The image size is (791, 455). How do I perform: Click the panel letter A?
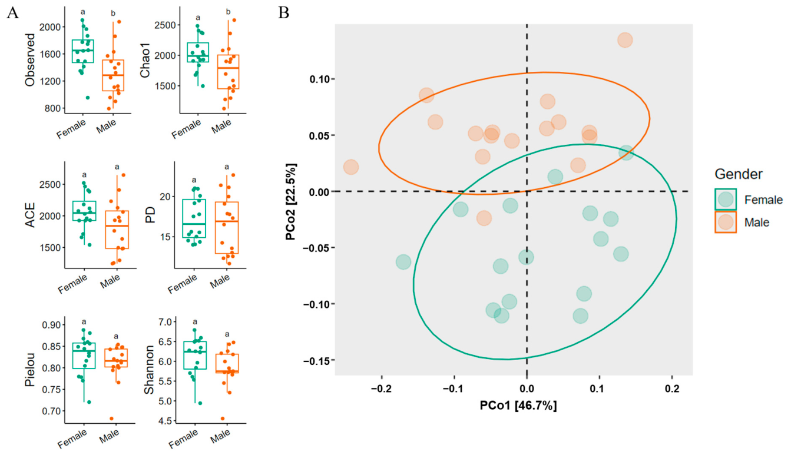(x=12, y=13)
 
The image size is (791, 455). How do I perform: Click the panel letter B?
(x=283, y=13)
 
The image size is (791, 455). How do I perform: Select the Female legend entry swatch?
(x=726, y=200)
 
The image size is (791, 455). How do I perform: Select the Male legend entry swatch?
(x=726, y=222)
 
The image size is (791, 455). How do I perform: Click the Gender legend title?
(x=739, y=174)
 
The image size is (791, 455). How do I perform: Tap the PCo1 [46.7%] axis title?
(x=518, y=405)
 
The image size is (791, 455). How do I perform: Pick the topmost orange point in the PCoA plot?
(x=625, y=40)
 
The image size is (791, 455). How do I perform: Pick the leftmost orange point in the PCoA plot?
(x=351, y=167)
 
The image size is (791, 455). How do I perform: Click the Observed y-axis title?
(x=31, y=60)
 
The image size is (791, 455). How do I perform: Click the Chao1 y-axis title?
(x=145, y=60)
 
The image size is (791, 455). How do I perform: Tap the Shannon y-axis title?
(x=150, y=370)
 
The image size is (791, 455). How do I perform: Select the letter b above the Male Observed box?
(x=113, y=14)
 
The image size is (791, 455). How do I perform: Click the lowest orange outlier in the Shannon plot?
(x=223, y=419)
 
